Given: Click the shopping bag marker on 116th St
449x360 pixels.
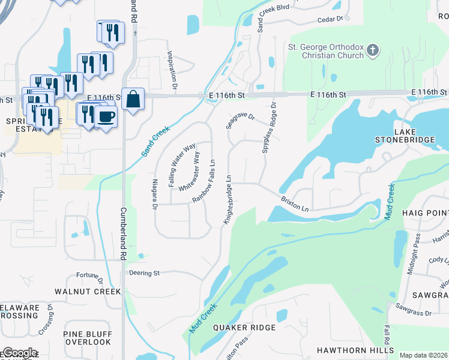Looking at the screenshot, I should [x=133, y=99].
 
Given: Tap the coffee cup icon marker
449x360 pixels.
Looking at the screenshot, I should [x=106, y=116].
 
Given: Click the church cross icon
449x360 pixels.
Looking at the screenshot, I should [x=373, y=50].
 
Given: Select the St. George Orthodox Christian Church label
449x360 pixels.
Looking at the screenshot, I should [x=326, y=51].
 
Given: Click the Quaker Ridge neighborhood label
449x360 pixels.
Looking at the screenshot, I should [x=244, y=328].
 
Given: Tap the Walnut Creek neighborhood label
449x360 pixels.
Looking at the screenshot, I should [x=88, y=292].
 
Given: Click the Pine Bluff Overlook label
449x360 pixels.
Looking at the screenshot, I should [x=87, y=338].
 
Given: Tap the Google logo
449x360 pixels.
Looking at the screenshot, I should [x=19, y=353].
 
